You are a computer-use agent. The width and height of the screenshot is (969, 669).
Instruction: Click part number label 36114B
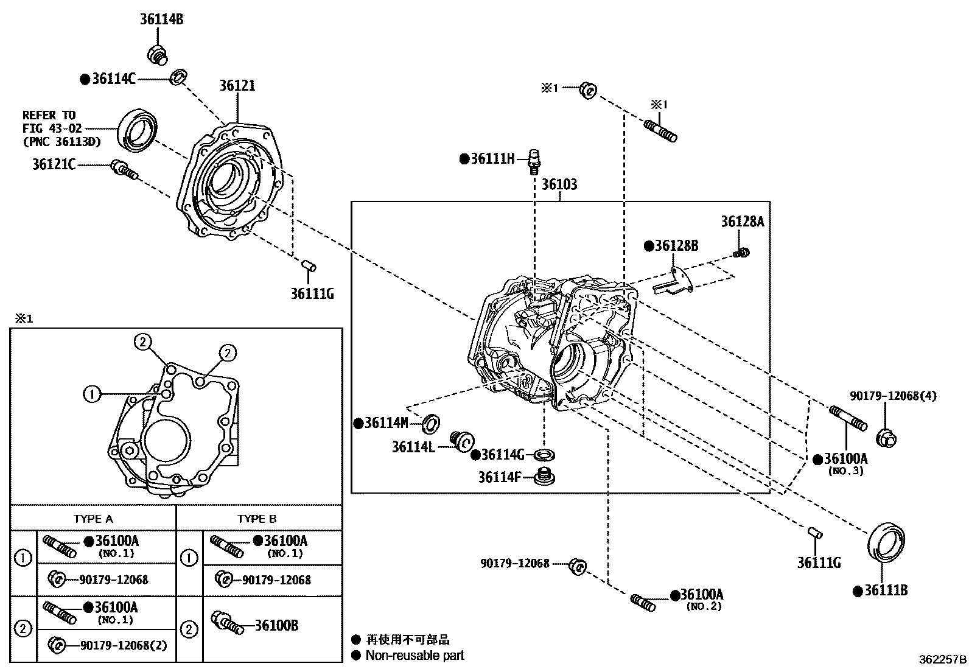[x=161, y=19]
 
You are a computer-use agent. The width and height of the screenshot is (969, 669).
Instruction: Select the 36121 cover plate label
[x=237, y=86]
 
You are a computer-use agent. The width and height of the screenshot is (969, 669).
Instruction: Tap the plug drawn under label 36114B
[x=158, y=54]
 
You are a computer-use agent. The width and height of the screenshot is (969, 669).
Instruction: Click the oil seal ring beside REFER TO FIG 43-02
[x=138, y=129]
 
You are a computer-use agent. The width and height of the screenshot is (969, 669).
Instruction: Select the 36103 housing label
[x=559, y=184]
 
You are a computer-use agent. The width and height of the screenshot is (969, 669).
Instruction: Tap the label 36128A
[x=743, y=222]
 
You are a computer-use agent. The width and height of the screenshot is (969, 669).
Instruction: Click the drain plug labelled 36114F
[x=545, y=477]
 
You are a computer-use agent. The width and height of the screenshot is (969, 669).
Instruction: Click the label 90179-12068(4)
[x=893, y=396]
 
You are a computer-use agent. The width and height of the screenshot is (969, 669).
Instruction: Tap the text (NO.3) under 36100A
[x=845, y=471]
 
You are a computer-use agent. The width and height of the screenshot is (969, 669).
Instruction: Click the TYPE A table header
[x=93, y=519]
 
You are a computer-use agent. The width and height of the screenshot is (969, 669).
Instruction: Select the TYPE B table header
[x=257, y=519]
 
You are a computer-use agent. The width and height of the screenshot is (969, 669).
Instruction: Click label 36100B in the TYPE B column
[x=276, y=625]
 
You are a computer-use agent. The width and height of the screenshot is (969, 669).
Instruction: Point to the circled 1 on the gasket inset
[x=91, y=394]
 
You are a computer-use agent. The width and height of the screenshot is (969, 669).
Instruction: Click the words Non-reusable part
[x=415, y=656]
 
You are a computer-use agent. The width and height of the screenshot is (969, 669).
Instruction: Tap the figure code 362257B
[x=942, y=659]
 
